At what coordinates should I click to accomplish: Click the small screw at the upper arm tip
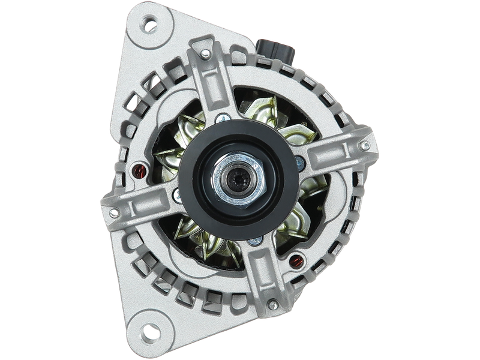205,55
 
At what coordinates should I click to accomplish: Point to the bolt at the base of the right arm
299,160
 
